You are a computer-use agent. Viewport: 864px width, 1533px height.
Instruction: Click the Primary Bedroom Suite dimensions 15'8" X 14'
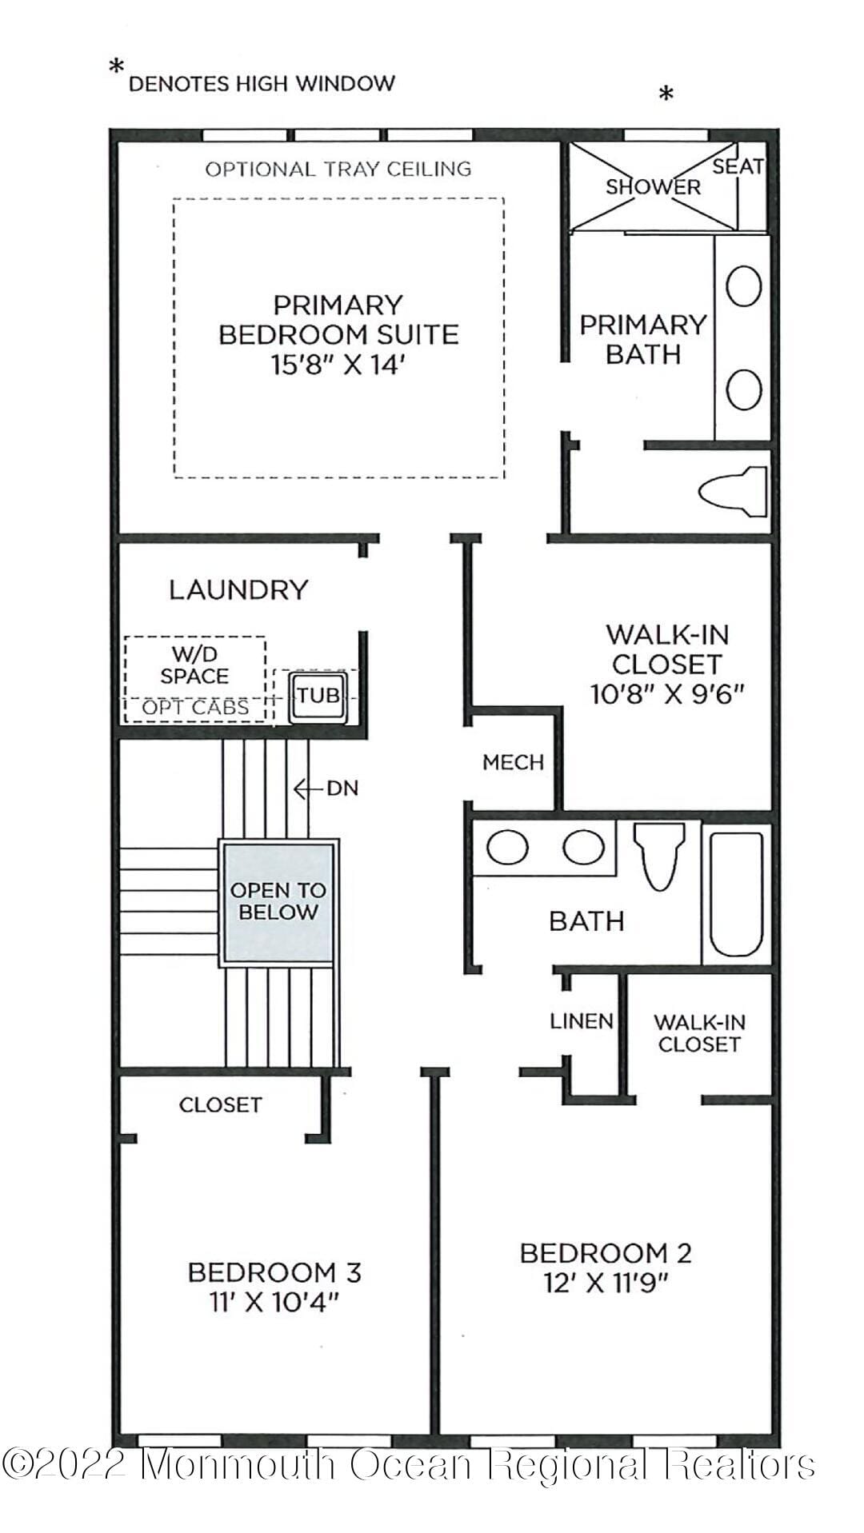338,365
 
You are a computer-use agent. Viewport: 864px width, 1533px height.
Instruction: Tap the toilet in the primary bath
733,490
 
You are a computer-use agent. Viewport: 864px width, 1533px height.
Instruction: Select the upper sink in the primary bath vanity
743,286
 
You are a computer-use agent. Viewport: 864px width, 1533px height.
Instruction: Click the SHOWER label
653,187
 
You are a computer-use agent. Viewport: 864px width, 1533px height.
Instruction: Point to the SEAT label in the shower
738,166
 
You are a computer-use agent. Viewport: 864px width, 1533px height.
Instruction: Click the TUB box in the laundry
318,695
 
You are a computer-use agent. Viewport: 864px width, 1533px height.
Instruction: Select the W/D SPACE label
194,665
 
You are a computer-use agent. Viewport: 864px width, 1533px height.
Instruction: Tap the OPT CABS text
195,708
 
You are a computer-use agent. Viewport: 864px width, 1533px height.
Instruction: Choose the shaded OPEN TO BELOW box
278,901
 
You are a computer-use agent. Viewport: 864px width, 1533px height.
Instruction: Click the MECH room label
513,762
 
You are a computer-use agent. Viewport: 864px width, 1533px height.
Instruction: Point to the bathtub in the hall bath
737,894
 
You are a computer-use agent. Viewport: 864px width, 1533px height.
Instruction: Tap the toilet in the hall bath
659,856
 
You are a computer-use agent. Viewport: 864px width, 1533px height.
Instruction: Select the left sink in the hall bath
507,848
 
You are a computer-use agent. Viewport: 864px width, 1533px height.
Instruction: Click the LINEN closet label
582,1021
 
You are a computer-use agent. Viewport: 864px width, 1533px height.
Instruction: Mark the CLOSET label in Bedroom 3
220,1104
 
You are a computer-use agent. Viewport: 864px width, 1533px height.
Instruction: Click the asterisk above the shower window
666,95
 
